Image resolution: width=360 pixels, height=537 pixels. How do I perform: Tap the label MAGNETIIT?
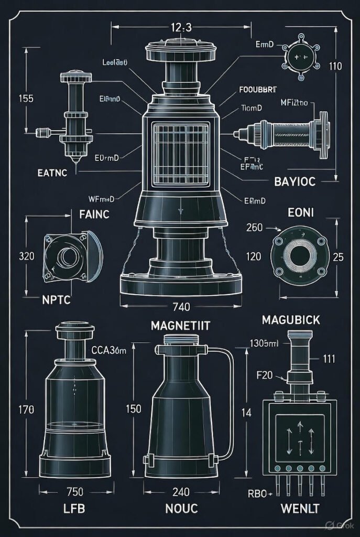(180, 326)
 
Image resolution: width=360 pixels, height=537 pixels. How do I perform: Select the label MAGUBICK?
(290, 319)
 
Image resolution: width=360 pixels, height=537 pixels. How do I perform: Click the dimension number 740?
(180, 306)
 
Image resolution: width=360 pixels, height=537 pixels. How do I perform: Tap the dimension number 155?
(26, 98)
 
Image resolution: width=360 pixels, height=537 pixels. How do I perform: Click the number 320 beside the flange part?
(26, 256)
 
